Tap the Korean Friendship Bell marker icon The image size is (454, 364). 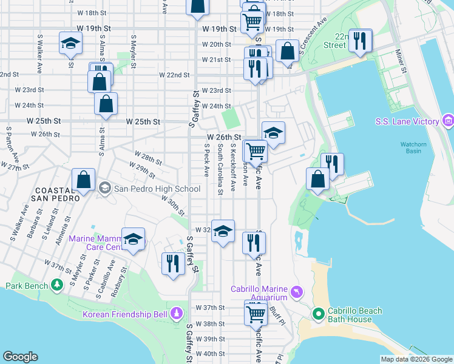177,314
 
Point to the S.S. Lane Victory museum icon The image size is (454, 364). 449,121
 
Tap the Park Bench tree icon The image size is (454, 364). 56,285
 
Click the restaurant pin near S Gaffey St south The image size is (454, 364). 174,263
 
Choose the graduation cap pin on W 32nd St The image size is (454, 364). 223,231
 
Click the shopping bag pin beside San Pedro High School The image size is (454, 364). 84,180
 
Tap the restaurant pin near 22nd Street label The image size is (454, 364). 361,41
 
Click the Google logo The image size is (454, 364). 21,357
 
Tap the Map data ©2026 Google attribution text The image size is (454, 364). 416,359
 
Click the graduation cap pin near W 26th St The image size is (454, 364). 273,133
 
